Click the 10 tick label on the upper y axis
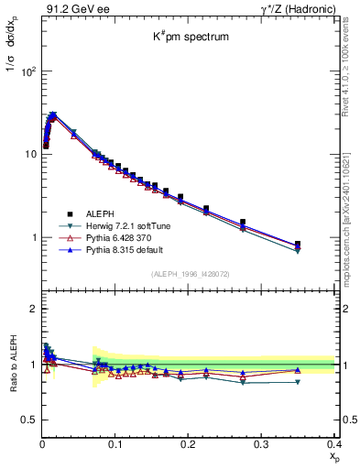pyautogui.click(x=31, y=154)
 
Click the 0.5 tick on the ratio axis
pyautogui.click(x=30, y=420)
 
